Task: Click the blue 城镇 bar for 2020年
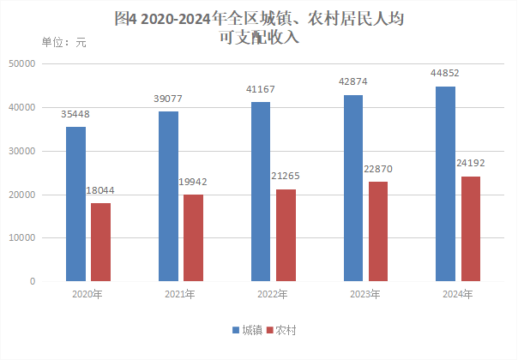[x=75, y=204]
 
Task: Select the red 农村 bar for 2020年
[x=101, y=242]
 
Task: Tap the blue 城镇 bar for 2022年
[x=261, y=191]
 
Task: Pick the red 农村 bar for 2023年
[x=378, y=231]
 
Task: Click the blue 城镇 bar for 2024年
[x=445, y=183]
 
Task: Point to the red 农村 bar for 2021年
[x=194, y=237]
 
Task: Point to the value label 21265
[x=286, y=177]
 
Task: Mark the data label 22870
[x=379, y=169]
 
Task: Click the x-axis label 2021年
[x=180, y=295]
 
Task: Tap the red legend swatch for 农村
[x=268, y=330]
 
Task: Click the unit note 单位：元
[x=63, y=42]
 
